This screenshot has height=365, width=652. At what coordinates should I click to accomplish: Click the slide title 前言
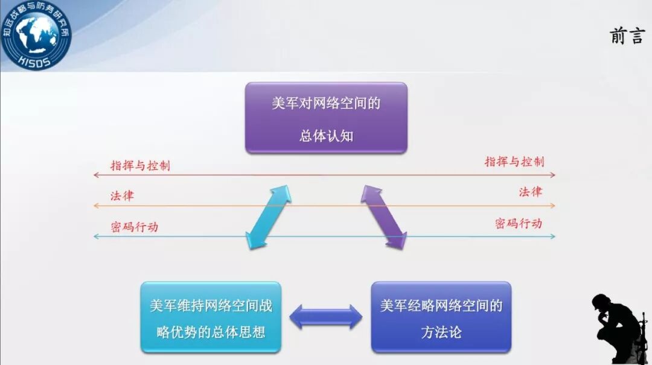click(x=627, y=37)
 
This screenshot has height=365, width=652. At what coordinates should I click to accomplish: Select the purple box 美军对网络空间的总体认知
click(x=326, y=118)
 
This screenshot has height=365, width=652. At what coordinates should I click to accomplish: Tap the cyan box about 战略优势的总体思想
click(x=211, y=317)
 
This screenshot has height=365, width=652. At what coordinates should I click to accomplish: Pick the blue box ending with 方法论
click(x=441, y=317)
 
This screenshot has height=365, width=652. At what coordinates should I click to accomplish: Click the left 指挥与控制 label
click(x=140, y=165)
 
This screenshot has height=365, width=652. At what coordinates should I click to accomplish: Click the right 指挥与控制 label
click(x=514, y=162)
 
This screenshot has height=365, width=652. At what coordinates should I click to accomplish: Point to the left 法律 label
click(x=122, y=196)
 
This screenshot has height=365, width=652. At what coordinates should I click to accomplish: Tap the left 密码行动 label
click(x=135, y=227)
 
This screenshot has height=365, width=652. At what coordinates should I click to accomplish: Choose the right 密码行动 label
click(x=518, y=224)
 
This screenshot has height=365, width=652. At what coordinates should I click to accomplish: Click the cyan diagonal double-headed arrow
click(x=269, y=217)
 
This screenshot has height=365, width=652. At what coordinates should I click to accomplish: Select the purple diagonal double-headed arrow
click(x=384, y=217)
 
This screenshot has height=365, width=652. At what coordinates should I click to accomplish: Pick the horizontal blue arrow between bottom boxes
click(x=326, y=317)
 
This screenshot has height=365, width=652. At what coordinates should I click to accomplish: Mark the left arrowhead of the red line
click(x=96, y=175)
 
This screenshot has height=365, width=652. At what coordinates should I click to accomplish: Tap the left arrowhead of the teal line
click(x=96, y=236)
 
